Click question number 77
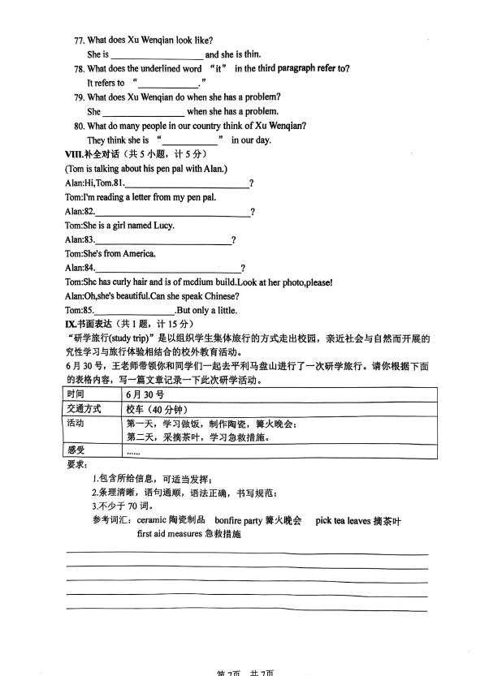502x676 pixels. (x=79, y=40)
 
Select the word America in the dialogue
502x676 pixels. (x=139, y=254)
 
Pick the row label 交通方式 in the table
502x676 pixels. (x=84, y=409)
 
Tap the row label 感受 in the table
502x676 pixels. (x=76, y=450)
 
